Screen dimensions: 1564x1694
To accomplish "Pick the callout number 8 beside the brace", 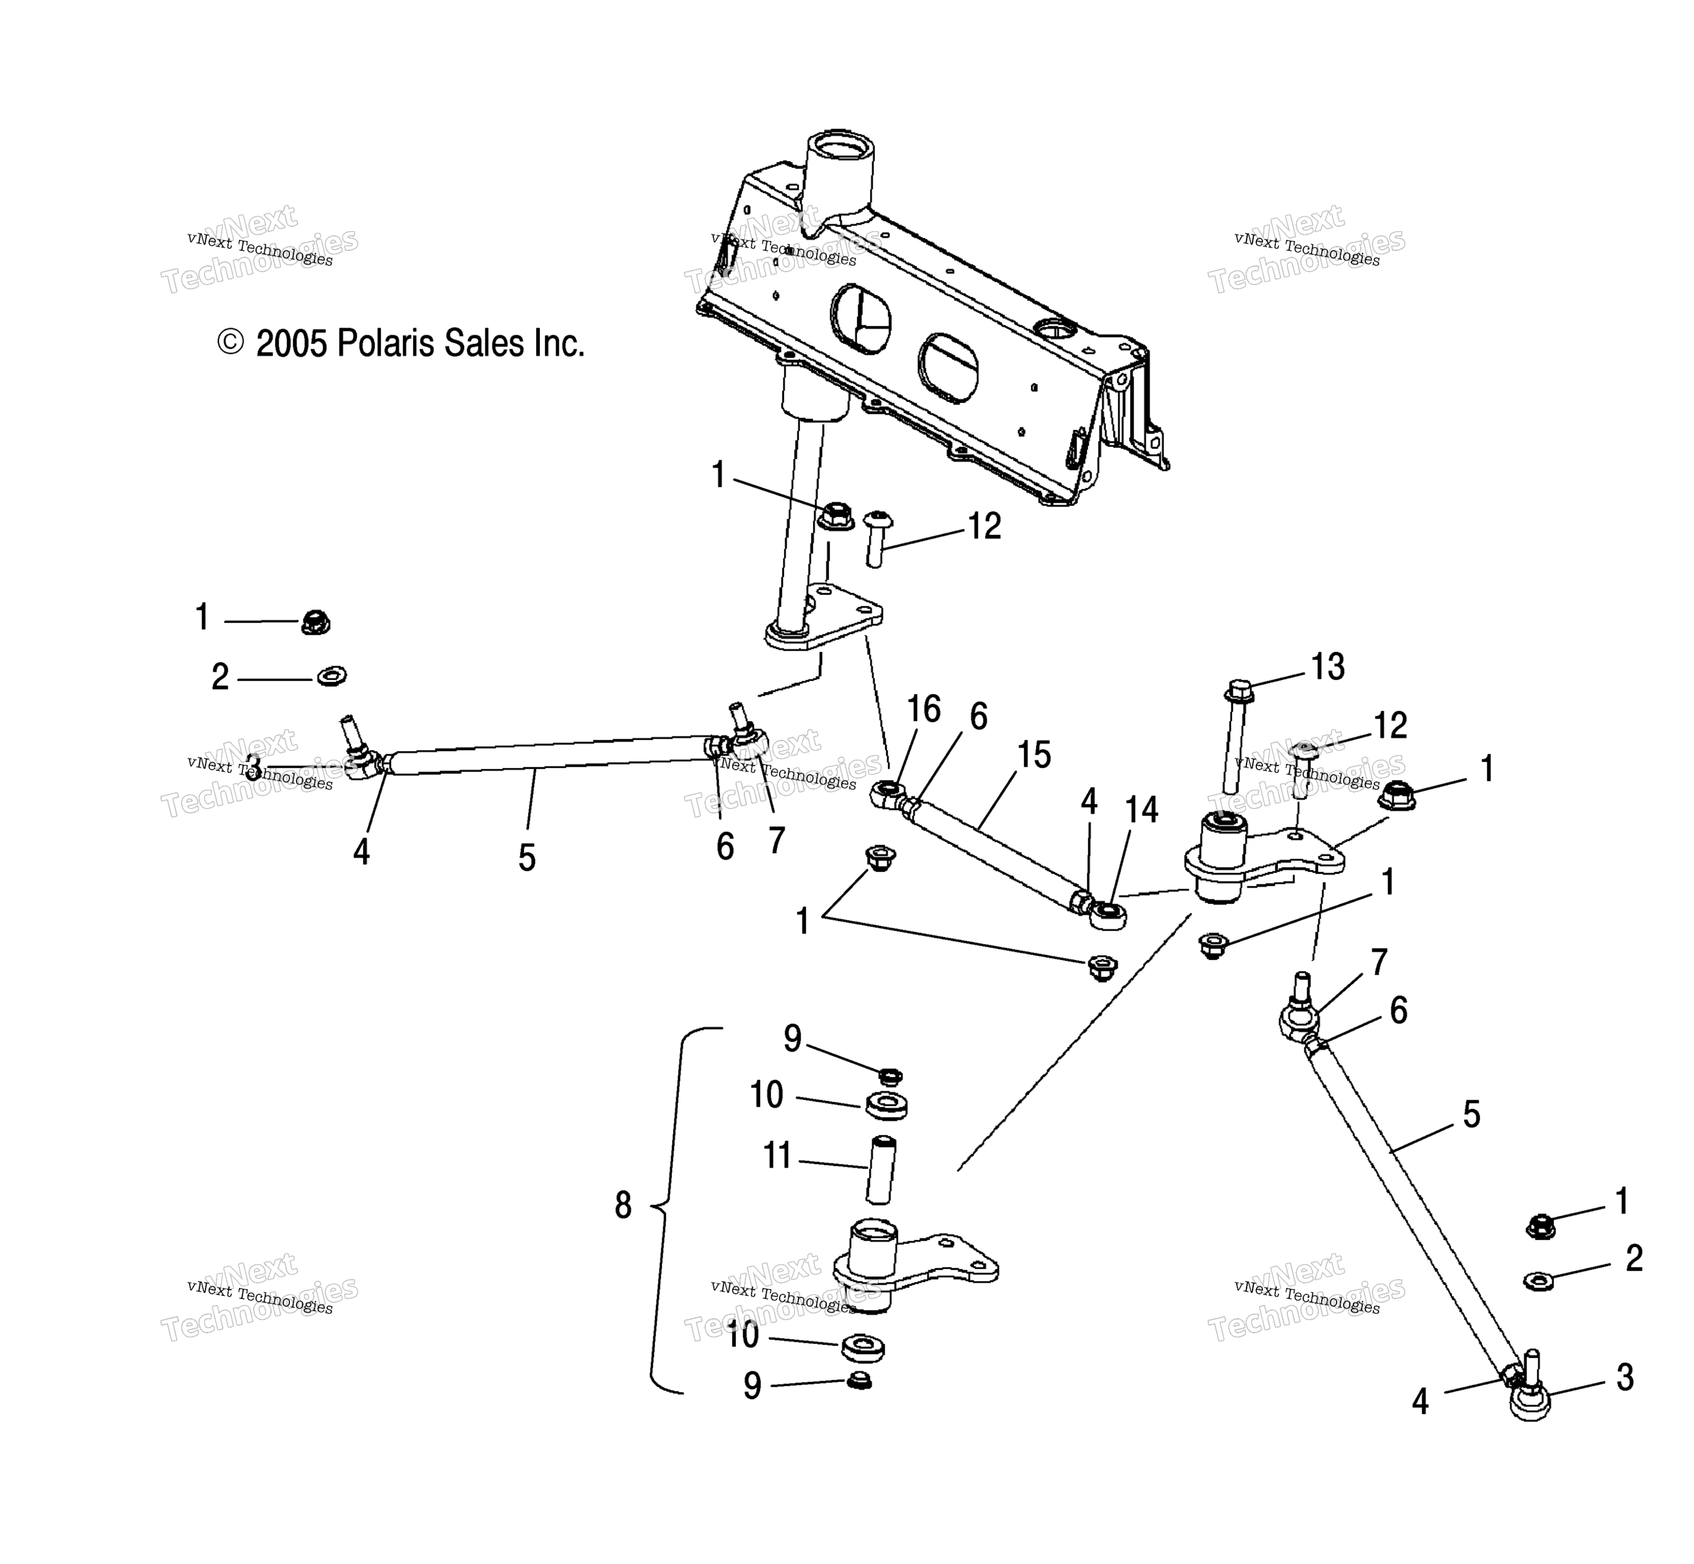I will [x=623, y=1205].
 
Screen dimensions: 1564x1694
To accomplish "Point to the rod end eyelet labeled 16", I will [x=885, y=793].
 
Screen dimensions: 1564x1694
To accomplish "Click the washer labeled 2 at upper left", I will [x=331, y=676].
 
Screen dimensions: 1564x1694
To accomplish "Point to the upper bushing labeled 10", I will [x=885, y=1104].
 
